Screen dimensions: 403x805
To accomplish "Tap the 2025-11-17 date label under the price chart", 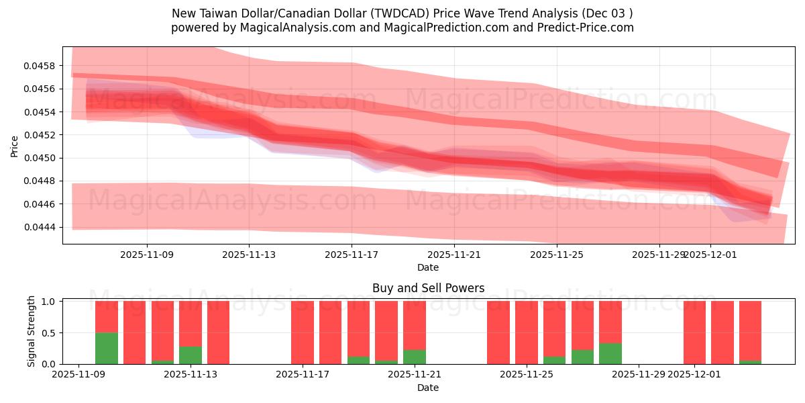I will [351, 255].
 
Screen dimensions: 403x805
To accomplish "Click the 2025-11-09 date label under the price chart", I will [146, 255].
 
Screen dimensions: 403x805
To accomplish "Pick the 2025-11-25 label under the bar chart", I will [526, 374].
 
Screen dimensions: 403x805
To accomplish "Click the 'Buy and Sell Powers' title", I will [428, 288].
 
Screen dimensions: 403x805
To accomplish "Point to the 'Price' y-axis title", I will [15, 146].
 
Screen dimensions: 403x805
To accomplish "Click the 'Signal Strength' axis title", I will [31, 332].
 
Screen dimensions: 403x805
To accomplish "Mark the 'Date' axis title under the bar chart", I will [428, 388].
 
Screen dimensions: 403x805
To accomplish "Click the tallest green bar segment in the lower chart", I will [107, 348].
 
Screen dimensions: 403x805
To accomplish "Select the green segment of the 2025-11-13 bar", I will [191, 355].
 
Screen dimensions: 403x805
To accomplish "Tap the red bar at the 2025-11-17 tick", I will [303, 332].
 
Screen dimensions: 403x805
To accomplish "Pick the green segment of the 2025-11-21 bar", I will [415, 357].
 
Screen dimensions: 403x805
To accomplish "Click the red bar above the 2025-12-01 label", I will [694, 332].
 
